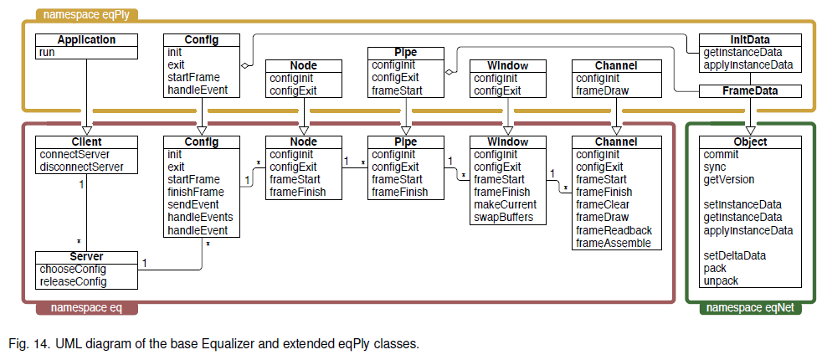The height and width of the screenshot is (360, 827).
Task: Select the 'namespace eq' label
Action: pos(87,308)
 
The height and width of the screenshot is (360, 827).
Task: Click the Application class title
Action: pos(86,40)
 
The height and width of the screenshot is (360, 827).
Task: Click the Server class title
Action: pos(86,257)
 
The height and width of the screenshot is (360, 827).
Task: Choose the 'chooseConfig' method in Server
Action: pos(73,269)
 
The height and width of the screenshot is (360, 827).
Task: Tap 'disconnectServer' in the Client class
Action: pos(80,167)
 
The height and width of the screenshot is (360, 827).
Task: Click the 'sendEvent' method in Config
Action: pos(193,204)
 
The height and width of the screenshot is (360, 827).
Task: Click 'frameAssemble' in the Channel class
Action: pos(614,243)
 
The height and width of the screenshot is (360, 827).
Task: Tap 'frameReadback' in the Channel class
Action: pos(614,230)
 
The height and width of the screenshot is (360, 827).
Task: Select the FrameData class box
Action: pos(750,90)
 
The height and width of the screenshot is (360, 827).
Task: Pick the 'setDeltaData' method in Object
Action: pos(736,255)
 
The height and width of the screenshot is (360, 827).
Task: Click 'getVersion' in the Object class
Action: pos(728,179)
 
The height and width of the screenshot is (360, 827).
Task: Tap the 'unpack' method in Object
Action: pos(721,280)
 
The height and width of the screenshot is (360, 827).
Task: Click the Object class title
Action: pos(750,142)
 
